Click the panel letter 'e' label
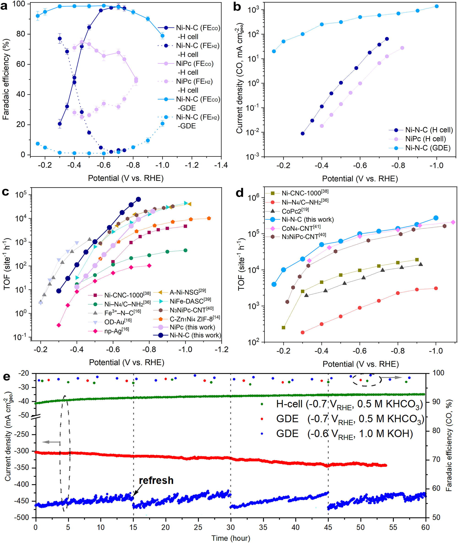point(6,376)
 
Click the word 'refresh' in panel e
point(156,480)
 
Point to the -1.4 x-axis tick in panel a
point(221,165)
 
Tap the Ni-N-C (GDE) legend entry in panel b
point(428,148)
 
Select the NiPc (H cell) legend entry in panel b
point(425,139)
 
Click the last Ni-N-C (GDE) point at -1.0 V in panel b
point(436,6)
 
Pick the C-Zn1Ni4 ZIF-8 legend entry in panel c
point(194,319)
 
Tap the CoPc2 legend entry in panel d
point(295,211)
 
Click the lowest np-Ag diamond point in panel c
point(59,325)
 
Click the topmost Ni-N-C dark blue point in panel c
point(138,199)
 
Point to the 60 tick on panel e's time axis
point(425,527)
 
